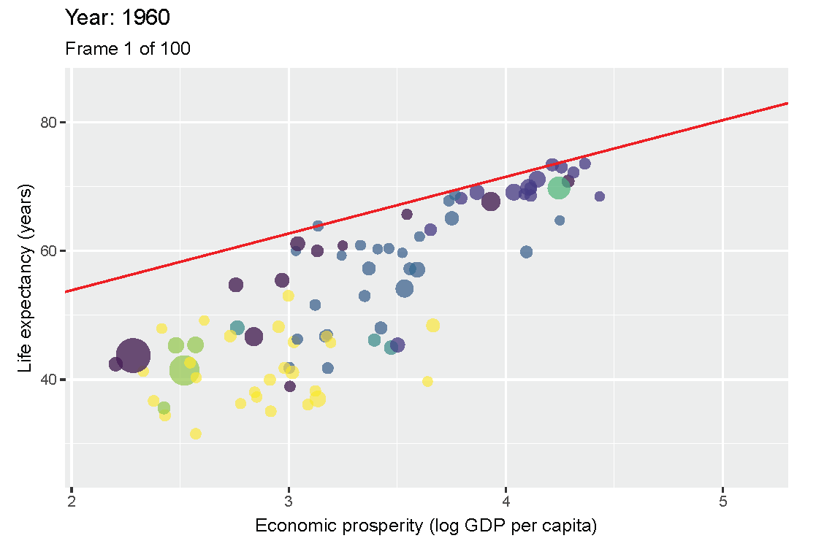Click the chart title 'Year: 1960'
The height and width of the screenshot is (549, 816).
click(118, 17)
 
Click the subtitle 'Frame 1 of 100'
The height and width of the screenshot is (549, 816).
click(128, 49)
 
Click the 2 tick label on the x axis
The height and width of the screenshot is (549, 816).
click(72, 502)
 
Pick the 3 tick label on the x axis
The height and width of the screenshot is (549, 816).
click(289, 502)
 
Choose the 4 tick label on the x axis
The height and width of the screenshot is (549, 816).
click(506, 502)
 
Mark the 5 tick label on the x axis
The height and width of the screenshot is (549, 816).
click(722, 502)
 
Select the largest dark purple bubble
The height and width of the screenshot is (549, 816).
click(132, 356)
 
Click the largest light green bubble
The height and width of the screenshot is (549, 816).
click(184, 370)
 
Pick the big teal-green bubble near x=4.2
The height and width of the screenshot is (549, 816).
click(558, 188)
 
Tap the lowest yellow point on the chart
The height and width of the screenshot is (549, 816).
click(196, 434)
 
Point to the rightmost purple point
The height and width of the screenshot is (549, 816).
click(600, 196)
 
